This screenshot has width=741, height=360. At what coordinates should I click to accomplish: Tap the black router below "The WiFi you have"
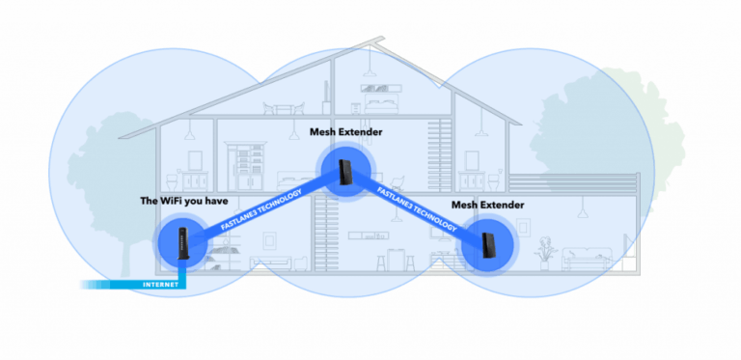(182, 240)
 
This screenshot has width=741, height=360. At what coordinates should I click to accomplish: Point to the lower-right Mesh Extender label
(488, 206)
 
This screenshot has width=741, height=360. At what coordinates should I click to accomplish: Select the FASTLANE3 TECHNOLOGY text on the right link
(418, 209)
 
